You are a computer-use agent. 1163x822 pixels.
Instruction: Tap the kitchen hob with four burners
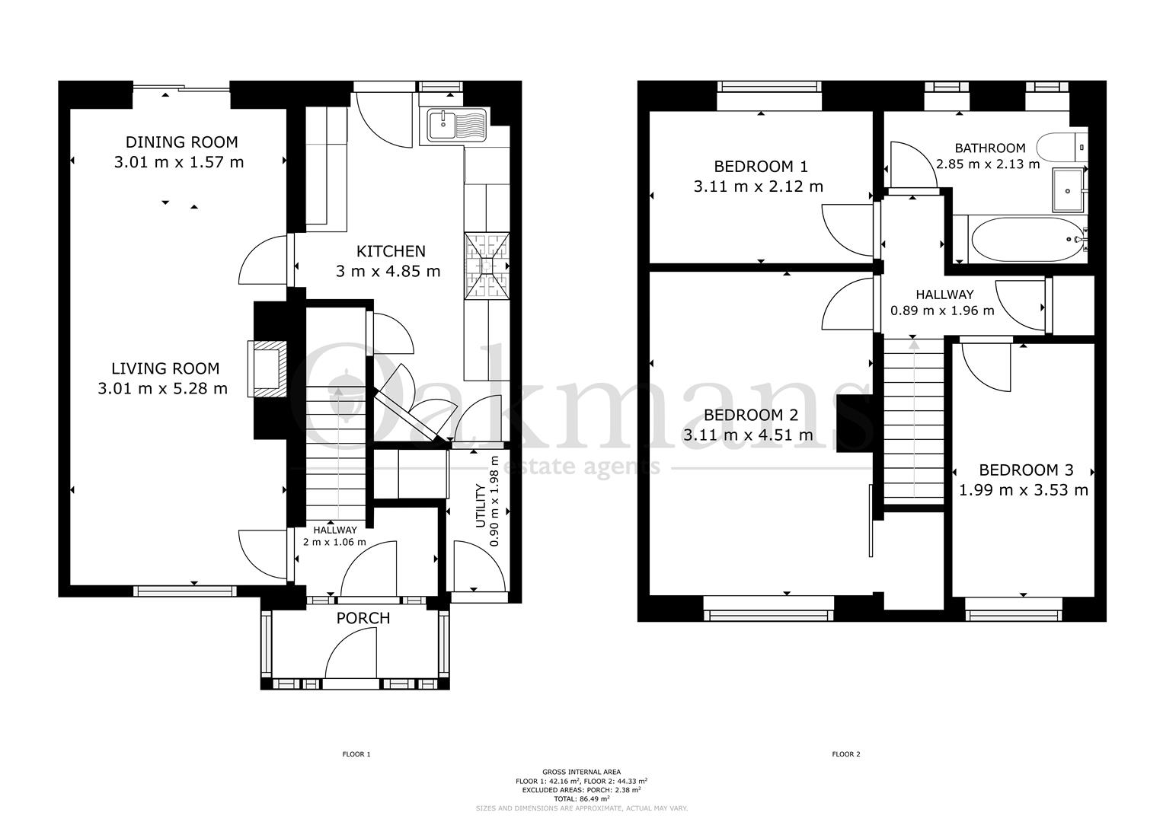487,265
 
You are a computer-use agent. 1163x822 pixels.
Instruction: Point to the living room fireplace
269,368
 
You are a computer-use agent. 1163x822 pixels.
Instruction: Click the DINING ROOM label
181,142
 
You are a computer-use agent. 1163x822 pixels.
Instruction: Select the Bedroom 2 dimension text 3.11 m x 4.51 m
747,435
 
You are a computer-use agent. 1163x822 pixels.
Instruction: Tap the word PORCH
363,618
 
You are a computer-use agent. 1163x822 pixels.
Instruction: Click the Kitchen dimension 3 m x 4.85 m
388,271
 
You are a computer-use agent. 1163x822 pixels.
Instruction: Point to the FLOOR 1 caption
356,754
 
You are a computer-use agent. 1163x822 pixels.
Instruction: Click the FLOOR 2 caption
845,754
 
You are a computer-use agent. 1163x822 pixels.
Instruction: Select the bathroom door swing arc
911,163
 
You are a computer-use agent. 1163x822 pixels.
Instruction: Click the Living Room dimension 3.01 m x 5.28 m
162,389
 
